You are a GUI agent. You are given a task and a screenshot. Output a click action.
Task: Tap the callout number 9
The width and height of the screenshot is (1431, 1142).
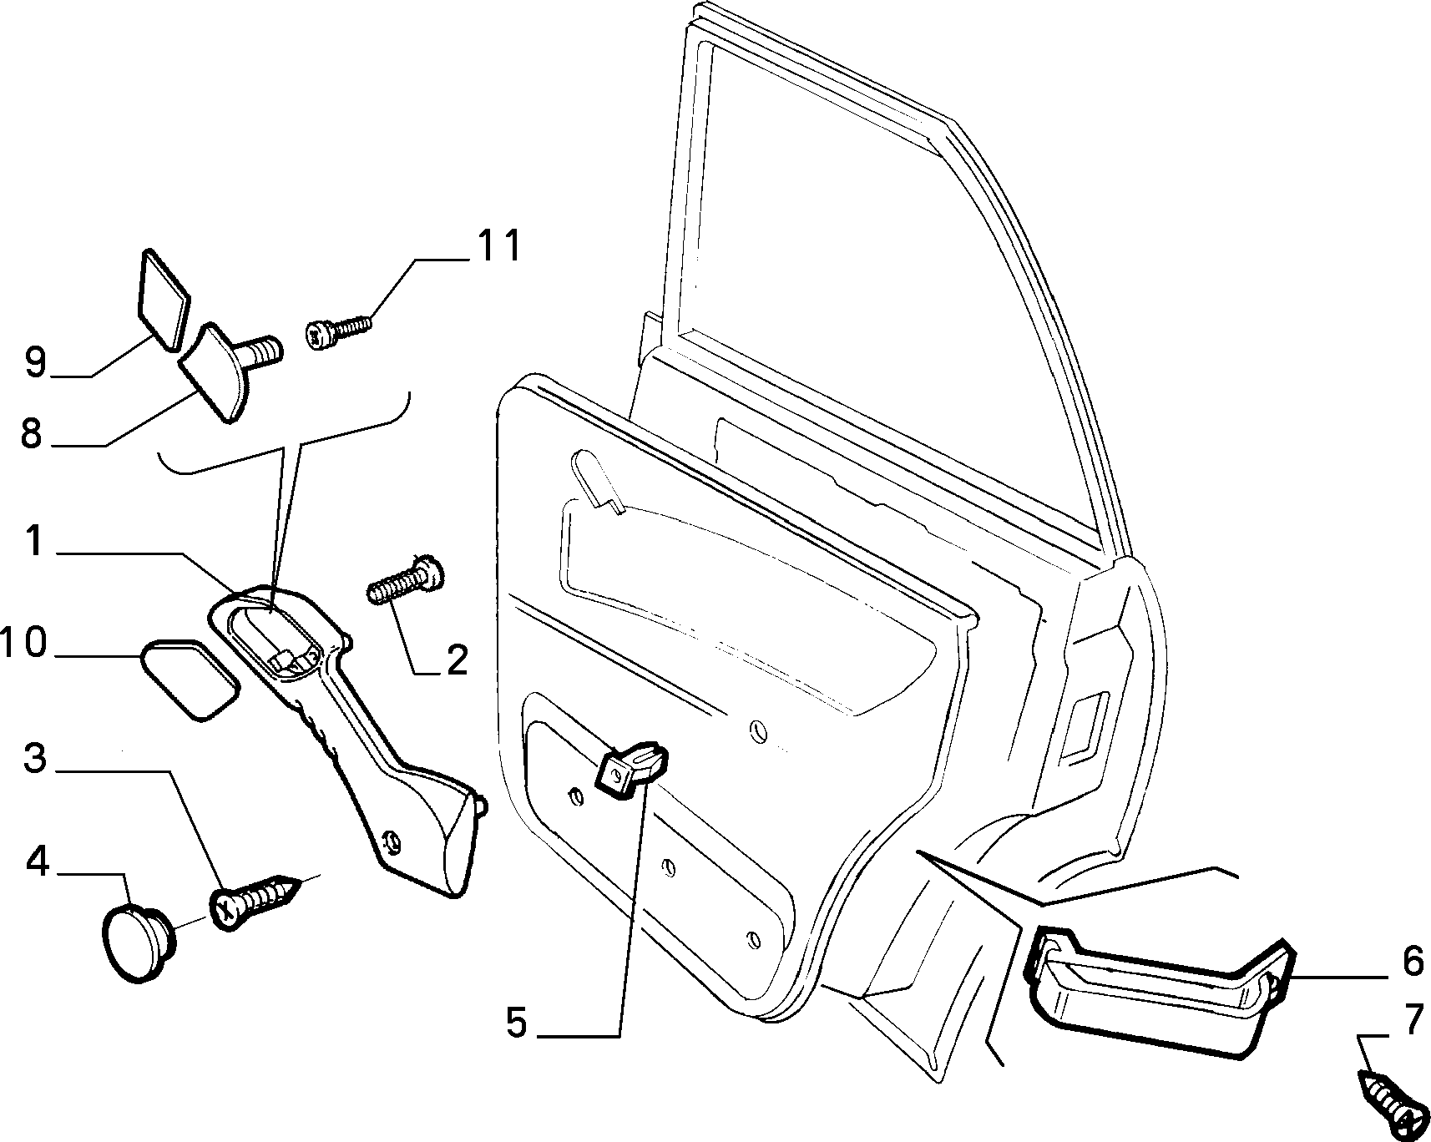click(x=36, y=361)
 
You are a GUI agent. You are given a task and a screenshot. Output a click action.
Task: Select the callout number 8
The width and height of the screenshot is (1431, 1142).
click(x=31, y=434)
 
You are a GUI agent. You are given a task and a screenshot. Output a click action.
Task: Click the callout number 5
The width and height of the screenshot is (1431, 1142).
click(x=517, y=1023)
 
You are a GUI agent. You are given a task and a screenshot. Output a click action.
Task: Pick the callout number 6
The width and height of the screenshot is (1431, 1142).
click(x=1413, y=962)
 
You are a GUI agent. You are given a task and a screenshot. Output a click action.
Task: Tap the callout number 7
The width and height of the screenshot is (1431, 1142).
click(x=1412, y=1020)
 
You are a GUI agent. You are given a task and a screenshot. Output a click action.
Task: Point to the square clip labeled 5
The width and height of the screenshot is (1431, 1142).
click(x=632, y=768)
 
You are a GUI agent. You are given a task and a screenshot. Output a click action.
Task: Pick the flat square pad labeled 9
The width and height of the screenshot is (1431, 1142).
click(x=164, y=297)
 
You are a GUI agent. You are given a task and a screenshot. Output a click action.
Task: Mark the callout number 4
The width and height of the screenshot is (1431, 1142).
click(x=37, y=862)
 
